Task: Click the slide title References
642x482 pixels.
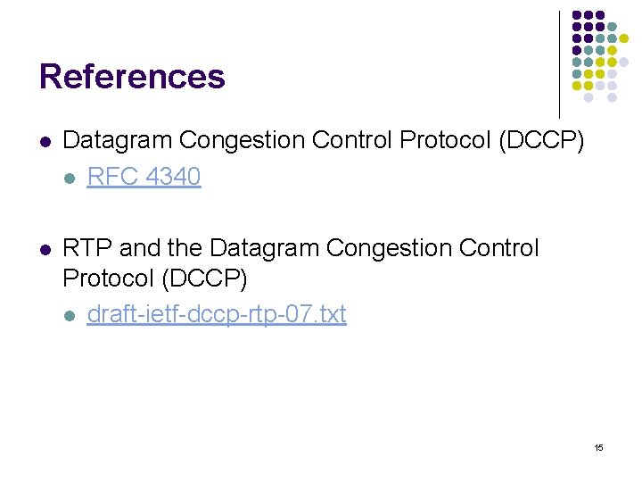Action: (x=132, y=77)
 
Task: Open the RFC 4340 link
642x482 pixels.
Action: (x=144, y=177)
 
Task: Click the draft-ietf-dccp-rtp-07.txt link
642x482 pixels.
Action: (x=216, y=314)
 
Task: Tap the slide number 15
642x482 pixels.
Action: (x=598, y=446)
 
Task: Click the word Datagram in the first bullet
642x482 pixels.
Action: (x=118, y=141)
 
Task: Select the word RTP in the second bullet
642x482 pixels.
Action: (x=86, y=247)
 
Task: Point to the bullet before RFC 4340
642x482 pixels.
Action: (x=70, y=178)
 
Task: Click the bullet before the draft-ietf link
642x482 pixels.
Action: (x=70, y=315)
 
